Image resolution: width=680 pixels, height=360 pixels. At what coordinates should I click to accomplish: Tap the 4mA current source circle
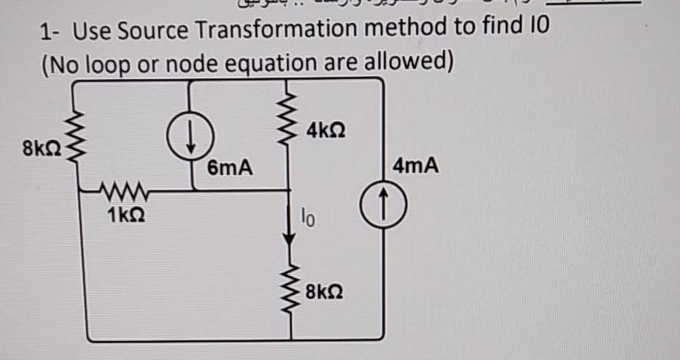[x=384, y=201]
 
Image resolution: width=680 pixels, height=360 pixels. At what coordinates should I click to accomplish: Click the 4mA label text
[x=416, y=167]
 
